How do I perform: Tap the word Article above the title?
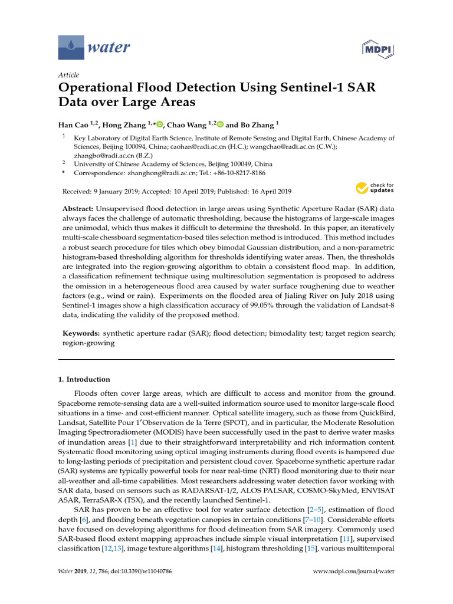click(x=68, y=75)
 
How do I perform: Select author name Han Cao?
click(x=75, y=124)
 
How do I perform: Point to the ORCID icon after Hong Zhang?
click(x=159, y=124)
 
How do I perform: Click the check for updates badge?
click(x=374, y=188)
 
